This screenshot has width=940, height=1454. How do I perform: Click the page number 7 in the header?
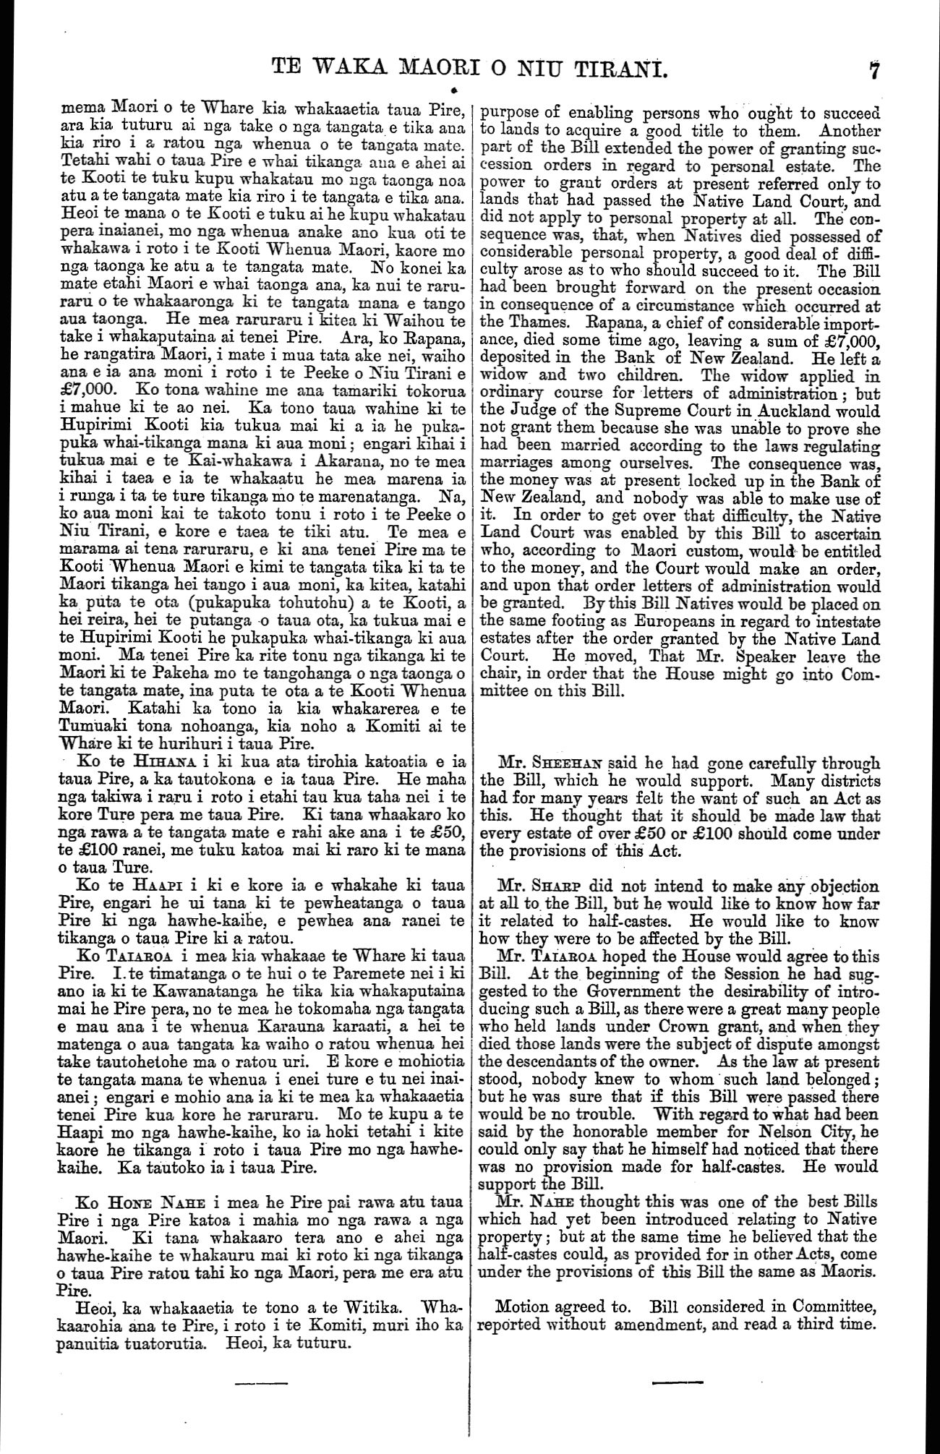coord(874,71)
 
